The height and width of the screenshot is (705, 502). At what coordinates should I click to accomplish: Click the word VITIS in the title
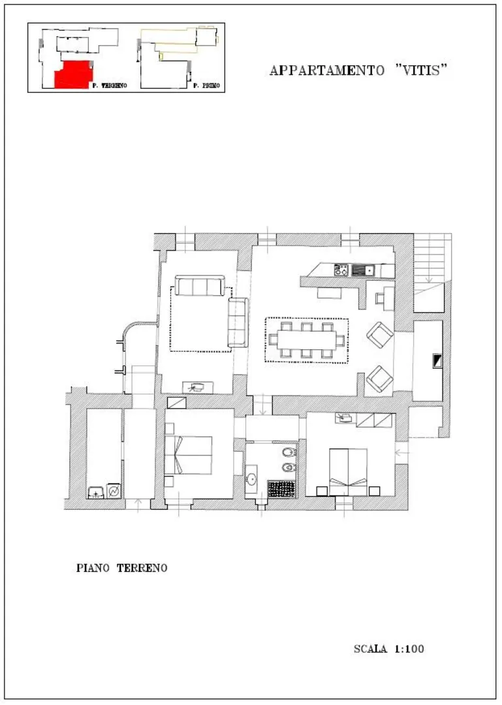[x=421, y=70]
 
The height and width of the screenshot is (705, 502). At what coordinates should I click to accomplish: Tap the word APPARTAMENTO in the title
[x=327, y=70]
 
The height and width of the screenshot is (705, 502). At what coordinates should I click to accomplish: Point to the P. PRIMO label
[x=206, y=86]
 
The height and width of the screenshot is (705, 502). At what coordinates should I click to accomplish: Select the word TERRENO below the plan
[x=142, y=568]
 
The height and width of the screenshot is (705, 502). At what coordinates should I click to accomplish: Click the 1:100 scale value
[x=409, y=649]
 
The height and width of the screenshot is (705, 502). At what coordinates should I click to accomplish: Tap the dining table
[x=306, y=340]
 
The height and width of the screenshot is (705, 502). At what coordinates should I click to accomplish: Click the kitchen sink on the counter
[x=363, y=270]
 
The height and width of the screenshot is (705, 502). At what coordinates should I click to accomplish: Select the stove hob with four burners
[x=341, y=270]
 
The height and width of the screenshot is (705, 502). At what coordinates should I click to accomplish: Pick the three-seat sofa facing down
[x=200, y=285]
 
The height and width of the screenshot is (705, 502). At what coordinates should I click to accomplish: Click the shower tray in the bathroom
[x=282, y=489]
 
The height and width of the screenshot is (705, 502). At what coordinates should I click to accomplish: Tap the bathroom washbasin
[x=251, y=479]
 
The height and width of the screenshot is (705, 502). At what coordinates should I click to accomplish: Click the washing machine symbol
[x=114, y=491]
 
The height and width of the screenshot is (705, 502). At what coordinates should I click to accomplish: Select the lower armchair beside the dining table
[x=380, y=379]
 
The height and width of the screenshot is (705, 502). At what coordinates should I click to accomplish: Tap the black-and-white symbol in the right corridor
[x=437, y=361]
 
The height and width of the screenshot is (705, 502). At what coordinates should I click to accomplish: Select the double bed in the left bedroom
[x=188, y=455]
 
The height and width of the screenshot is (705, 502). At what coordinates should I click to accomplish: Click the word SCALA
[x=370, y=649]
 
